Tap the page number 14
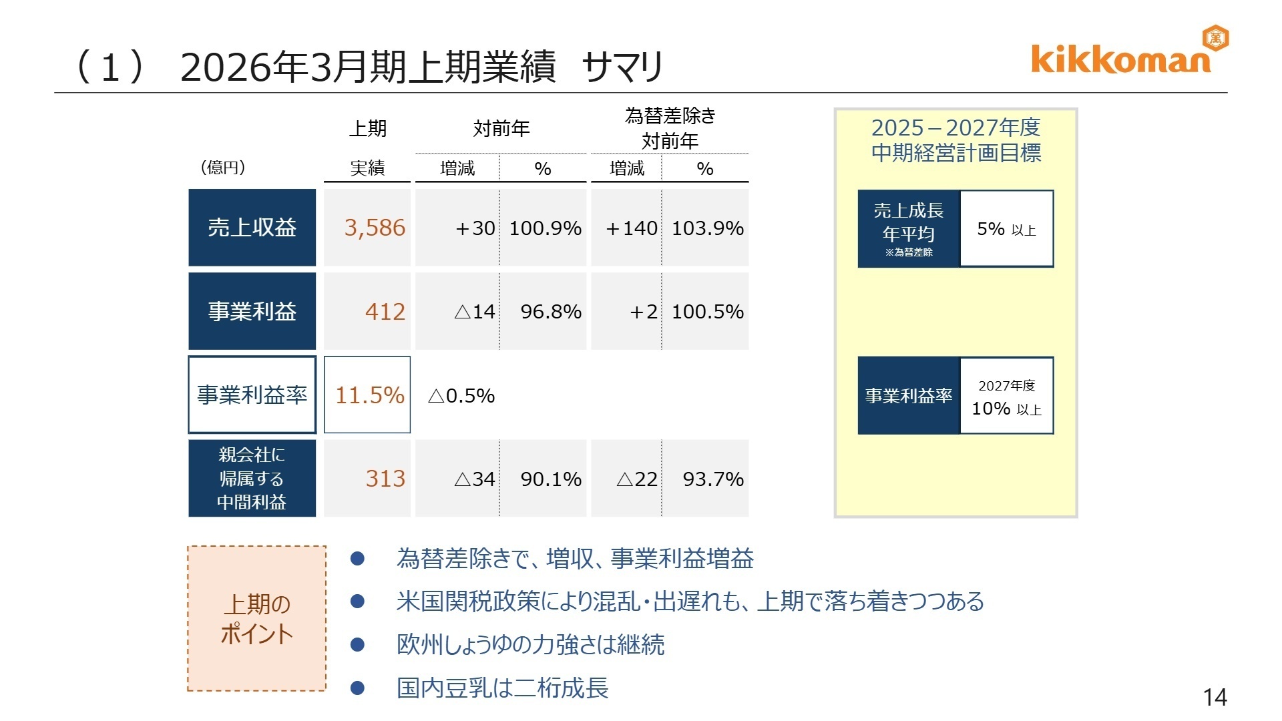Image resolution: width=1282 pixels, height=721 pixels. coord(1215,698)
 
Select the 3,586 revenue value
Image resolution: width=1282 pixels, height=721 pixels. coord(375,228)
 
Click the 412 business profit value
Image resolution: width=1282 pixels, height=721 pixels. coord(385,311)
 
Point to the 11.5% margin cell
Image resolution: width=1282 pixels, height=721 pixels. coord(369,395)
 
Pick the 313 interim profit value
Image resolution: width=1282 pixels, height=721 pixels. coord(385,478)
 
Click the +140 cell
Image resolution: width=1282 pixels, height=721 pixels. coord(631,228)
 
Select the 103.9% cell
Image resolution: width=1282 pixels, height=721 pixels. coord(707,228)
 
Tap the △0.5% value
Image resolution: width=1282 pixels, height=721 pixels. coord(461,395)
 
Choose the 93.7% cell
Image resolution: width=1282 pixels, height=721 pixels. coord(712,479)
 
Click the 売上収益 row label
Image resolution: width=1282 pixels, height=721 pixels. coord(252,228)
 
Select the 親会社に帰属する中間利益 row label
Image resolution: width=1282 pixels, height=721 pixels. coord(252,478)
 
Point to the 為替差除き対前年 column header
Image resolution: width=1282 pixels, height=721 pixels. coord(670,128)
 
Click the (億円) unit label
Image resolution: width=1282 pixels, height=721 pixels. coord(223,168)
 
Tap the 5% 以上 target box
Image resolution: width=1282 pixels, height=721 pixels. coord(1006,229)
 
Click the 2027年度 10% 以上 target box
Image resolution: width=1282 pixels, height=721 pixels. coord(1006,397)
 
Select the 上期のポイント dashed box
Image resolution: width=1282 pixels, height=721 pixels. coord(256,618)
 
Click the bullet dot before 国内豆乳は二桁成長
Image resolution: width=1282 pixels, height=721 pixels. coord(358,688)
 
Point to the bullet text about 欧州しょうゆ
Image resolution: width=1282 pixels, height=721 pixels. coord(530,644)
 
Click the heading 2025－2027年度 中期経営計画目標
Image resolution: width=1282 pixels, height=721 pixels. coord(955,140)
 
